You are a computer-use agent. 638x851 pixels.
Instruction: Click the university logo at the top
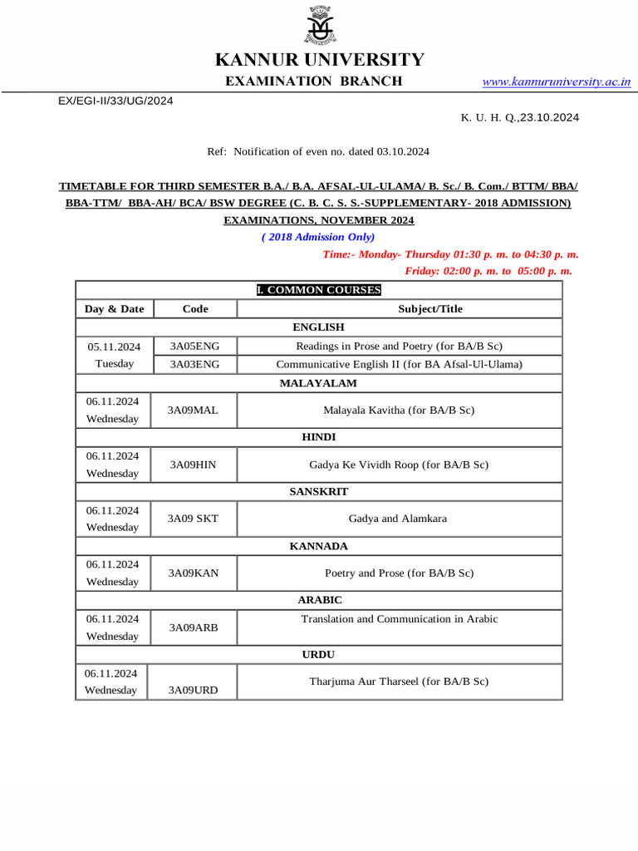(319, 26)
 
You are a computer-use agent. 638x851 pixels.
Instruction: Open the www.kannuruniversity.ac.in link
(556, 81)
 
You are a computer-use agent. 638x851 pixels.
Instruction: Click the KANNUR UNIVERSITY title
(319, 60)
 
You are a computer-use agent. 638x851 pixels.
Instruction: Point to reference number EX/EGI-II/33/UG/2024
(115, 100)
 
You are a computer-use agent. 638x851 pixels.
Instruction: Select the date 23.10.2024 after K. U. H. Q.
(550, 117)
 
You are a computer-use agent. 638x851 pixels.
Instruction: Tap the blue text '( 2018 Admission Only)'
(318, 237)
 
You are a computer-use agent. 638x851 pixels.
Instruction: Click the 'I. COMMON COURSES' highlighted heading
(319, 290)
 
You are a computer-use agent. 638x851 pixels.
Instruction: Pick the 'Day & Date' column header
(114, 309)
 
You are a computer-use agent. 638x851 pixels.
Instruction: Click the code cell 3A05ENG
(194, 346)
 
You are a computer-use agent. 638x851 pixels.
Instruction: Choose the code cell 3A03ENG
(194, 364)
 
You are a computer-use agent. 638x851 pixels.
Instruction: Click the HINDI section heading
(319, 436)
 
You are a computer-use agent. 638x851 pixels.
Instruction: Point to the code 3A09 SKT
(193, 519)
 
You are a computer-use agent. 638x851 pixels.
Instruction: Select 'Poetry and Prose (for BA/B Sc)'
(399, 573)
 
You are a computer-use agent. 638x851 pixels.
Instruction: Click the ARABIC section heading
(320, 599)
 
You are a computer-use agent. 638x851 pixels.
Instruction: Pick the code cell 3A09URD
(194, 690)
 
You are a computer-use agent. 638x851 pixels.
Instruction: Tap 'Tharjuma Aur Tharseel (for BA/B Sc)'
(399, 681)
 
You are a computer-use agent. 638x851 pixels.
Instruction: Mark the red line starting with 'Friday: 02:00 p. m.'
(488, 271)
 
